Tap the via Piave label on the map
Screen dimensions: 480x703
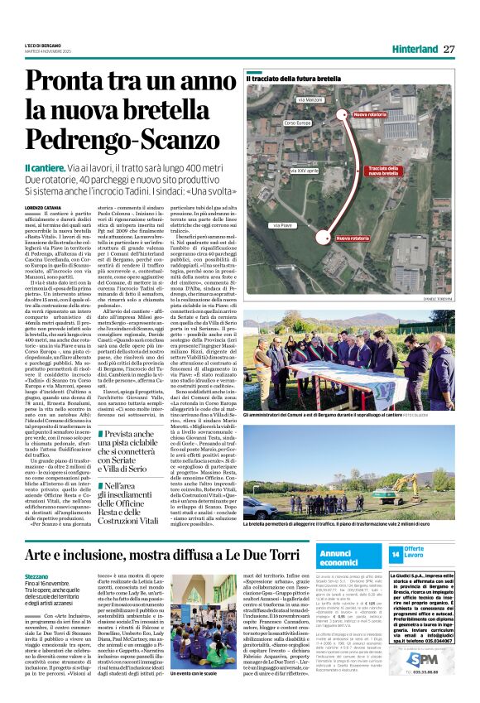pyautogui.click(x=283, y=224)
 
